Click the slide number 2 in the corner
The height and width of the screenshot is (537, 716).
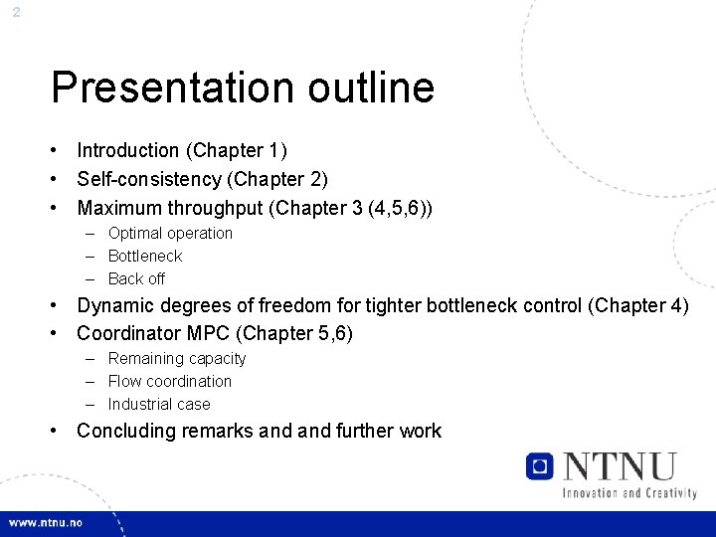click(x=16, y=13)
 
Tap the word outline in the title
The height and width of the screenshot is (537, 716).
click(x=371, y=88)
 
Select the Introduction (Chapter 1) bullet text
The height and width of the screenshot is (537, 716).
click(x=182, y=151)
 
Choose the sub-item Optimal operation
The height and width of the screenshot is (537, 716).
click(x=170, y=234)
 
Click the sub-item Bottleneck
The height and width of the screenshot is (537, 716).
click(x=145, y=257)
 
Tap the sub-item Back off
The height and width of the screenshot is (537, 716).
click(x=136, y=279)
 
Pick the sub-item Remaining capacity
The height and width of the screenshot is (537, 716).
click(x=177, y=359)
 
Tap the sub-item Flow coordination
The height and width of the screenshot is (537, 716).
click(x=169, y=382)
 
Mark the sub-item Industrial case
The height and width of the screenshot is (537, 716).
click(x=159, y=405)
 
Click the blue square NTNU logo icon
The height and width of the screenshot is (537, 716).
click(x=540, y=465)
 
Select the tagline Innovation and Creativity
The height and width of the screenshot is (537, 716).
click(x=628, y=492)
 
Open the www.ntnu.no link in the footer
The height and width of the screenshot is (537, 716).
click(x=46, y=523)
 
